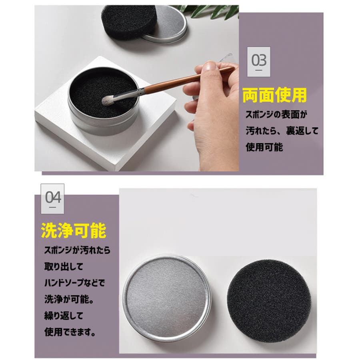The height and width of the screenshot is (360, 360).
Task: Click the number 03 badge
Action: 258,62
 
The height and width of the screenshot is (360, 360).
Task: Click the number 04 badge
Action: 52,199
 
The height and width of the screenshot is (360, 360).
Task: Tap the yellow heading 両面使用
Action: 274,95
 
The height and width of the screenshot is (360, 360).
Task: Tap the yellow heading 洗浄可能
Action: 74,230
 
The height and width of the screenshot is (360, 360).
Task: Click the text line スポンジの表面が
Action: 276,114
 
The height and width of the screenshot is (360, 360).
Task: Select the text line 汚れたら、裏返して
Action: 282,131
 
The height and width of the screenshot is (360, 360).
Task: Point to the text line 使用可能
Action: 264,147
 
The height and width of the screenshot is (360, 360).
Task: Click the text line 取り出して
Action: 64,266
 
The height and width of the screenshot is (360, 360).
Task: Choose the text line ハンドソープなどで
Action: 74,283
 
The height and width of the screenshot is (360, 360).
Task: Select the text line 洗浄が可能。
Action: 69,299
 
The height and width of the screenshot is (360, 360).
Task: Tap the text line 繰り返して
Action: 64,316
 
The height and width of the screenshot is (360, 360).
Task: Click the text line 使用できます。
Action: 70,332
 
